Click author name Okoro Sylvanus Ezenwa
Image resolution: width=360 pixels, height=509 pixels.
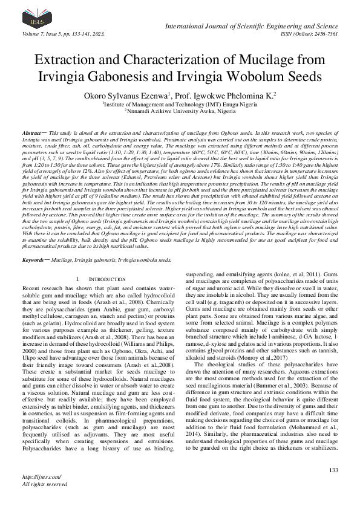pos(124,96)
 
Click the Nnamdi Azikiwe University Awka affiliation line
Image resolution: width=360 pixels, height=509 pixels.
pos(180,111)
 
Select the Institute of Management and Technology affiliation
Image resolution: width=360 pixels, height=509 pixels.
pos(180,104)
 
